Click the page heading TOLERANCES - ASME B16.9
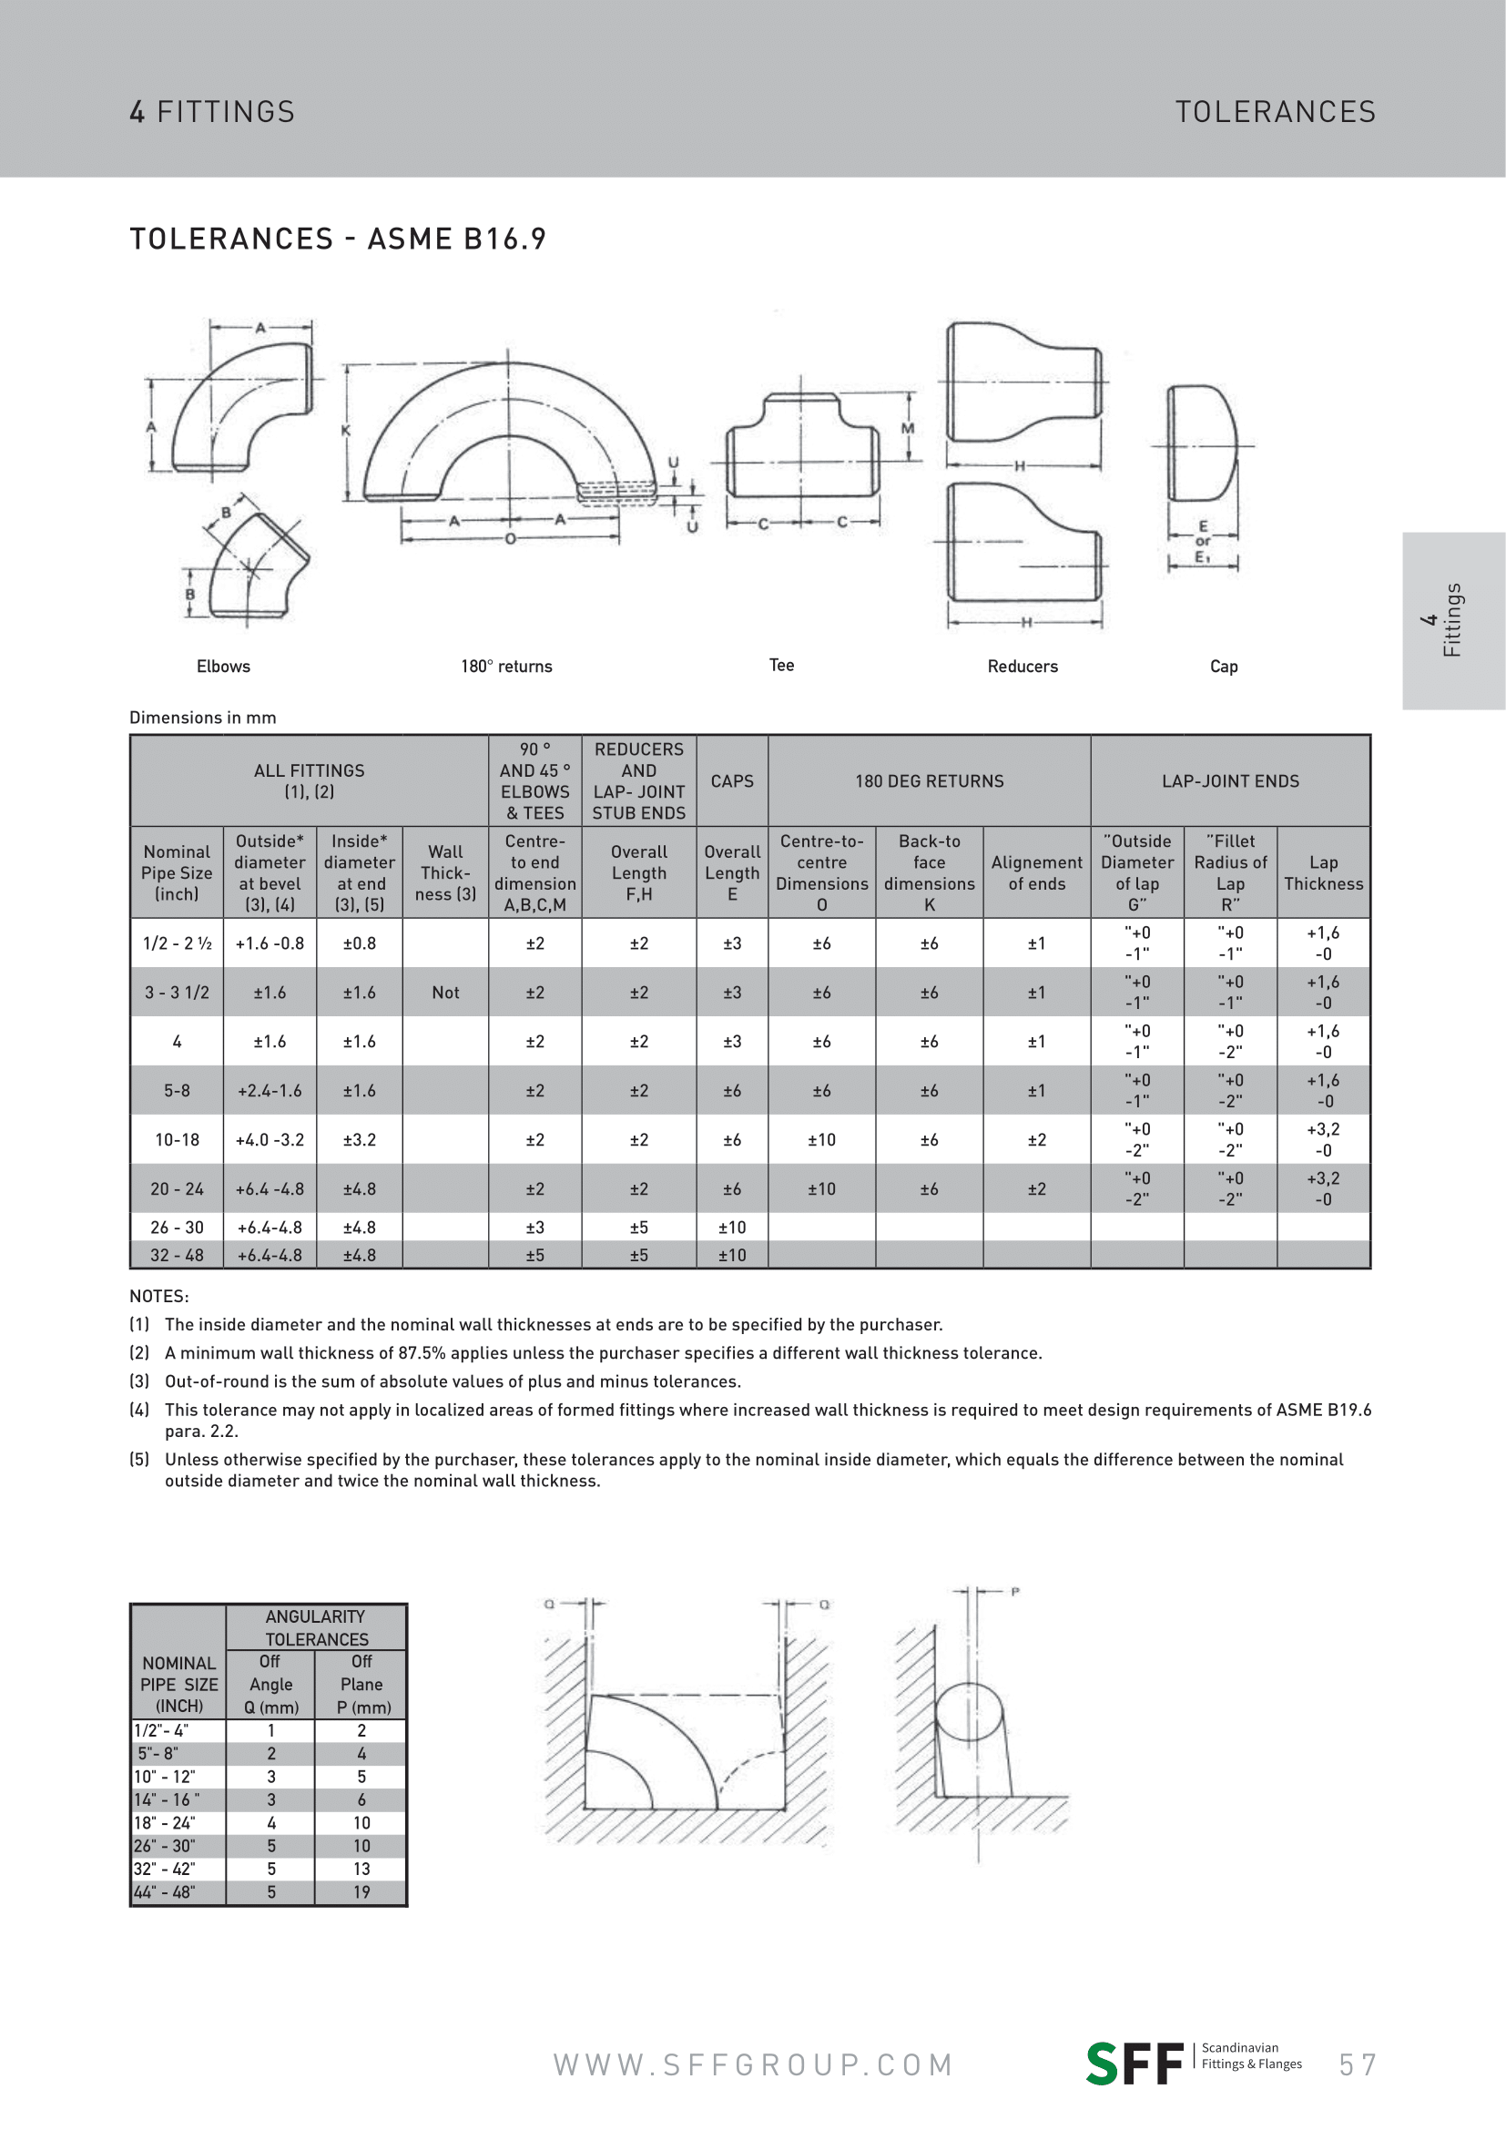[x=338, y=239]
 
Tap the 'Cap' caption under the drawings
[x=1223, y=666]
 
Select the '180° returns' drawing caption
[x=506, y=666]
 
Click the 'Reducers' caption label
[x=1022, y=666]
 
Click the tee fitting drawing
[x=801, y=445]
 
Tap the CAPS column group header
[x=732, y=781]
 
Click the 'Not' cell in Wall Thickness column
[x=445, y=993]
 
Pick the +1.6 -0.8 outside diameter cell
[x=269, y=943]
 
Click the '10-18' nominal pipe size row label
[x=177, y=1140]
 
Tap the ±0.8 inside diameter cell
[x=359, y=943]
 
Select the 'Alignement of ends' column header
[x=1036, y=873]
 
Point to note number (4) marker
[x=139, y=1410]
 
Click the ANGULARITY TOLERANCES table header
[x=316, y=1627]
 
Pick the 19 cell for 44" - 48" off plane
[x=361, y=1891]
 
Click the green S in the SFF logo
[x=1103, y=2065]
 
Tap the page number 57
[x=1358, y=2065]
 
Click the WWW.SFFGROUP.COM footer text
[x=753, y=2065]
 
